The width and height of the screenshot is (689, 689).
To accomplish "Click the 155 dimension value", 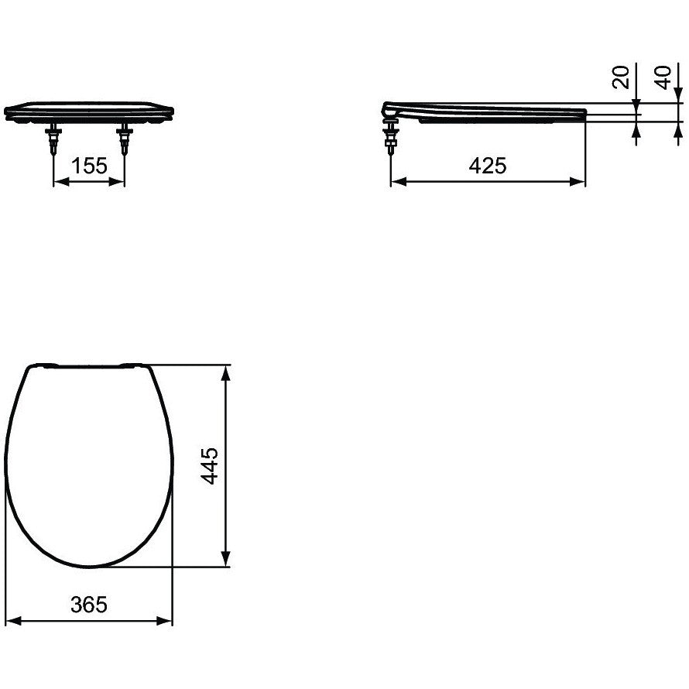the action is (89, 166).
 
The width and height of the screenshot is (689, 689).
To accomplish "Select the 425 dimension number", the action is (488, 166).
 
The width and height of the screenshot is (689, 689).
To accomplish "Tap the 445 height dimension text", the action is (210, 466).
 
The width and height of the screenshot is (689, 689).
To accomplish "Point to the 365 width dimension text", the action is (89, 605).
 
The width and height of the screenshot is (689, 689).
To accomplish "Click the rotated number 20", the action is (620, 77).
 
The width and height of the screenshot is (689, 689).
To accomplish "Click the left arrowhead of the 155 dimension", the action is (61, 181).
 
